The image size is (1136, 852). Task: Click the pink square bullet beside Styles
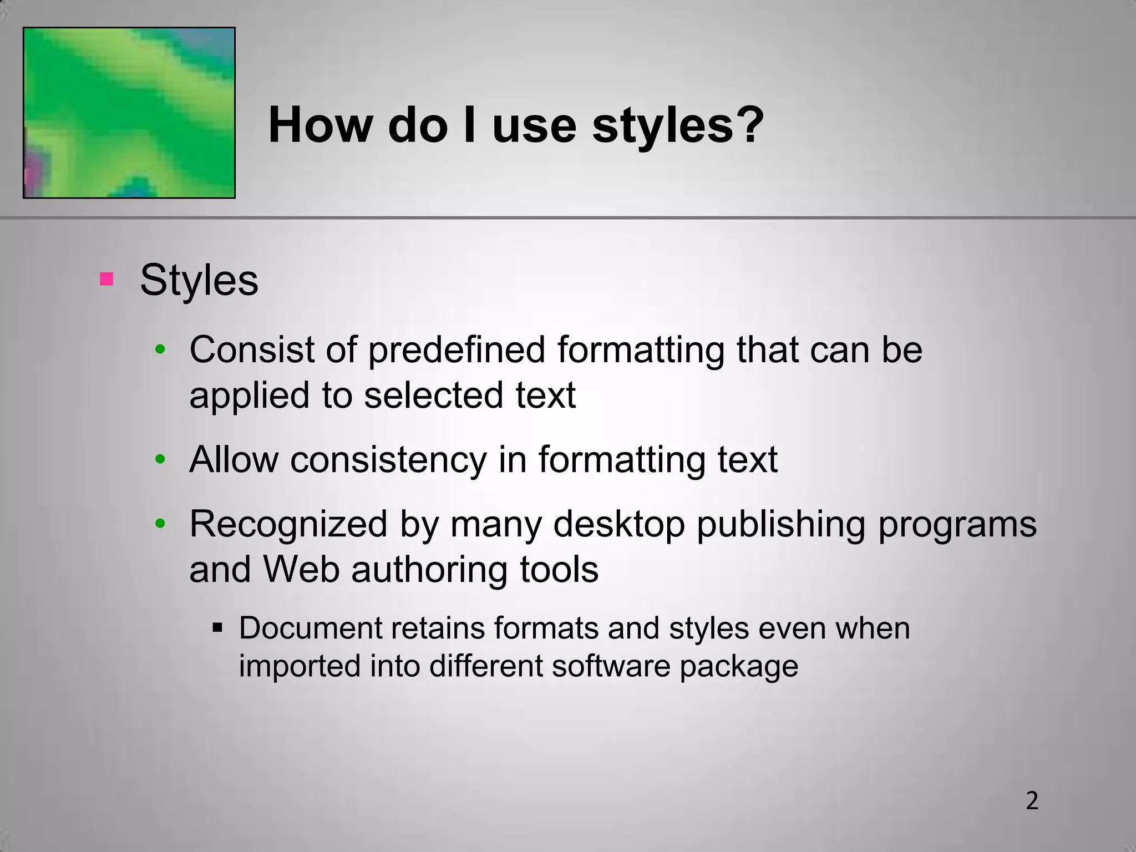click(x=106, y=278)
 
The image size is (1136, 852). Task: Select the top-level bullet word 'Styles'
click(x=199, y=280)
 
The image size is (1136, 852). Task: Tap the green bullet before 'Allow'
click(x=160, y=459)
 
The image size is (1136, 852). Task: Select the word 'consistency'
click(x=388, y=460)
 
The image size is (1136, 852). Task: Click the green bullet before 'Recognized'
click(x=160, y=524)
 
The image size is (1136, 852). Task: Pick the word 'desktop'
click(x=619, y=525)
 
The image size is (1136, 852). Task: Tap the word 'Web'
click(x=301, y=569)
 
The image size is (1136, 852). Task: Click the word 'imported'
click(x=300, y=666)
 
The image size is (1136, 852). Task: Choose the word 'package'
click(x=739, y=666)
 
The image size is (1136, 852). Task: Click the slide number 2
click(x=1032, y=801)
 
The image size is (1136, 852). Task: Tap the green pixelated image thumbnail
click(x=129, y=113)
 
